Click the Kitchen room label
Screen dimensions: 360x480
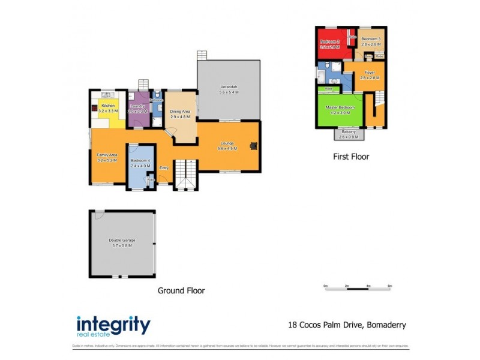click(108, 106)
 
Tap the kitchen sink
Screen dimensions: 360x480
click(106, 94)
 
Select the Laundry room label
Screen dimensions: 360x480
click(138, 106)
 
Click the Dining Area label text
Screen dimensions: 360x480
click(180, 112)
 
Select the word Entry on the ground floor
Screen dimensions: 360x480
click(164, 168)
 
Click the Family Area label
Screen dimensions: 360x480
click(107, 155)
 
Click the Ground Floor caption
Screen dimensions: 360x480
click(181, 290)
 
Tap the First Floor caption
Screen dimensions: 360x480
click(351, 157)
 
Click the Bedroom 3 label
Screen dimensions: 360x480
click(371, 39)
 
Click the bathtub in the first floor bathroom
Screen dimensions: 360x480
click(322, 77)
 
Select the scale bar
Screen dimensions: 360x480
click(357, 289)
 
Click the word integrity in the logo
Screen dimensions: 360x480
click(113, 325)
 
